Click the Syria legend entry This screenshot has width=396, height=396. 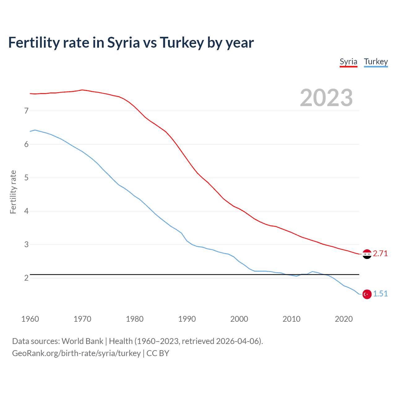tap(348, 62)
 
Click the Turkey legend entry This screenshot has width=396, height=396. tap(376, 62)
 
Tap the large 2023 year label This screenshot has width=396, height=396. tap(326, 98)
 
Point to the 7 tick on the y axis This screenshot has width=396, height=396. tap(26, 111)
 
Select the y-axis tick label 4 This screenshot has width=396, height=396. tap(26, 211)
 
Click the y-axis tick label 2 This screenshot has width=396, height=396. tap(26, 278)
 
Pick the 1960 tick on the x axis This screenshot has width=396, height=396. tap(30, 319)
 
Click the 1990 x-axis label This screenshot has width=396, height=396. tap(187, 319)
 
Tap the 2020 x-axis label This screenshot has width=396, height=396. tap(344, 319)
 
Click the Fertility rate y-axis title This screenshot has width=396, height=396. tap(13, 192)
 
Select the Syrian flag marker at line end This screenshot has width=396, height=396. tap(367, 254)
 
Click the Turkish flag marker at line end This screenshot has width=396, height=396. tap(367, 294)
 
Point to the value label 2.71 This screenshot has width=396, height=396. tap(380, 254)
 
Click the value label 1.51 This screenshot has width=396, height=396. tap(380, 294)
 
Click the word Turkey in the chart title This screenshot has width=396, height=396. tap(182, 43)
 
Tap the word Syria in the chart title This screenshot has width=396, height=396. tap(123, 43)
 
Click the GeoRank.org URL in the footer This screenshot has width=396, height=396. tap(76, 353)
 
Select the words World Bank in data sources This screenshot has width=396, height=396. tap(82, 341)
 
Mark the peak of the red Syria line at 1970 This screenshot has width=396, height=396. tap(82, 90)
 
